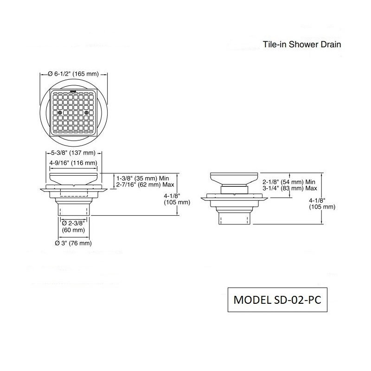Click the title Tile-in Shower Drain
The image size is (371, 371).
tap(302, 45)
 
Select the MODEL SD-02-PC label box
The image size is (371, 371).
tap(277, 300)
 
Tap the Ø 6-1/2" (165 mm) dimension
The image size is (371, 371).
tap(73, 74)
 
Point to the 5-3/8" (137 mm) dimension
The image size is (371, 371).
tap(73, 153)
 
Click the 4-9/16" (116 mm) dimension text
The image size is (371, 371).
tap(73, 163)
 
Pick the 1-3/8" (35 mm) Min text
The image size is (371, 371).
tap(142, 178)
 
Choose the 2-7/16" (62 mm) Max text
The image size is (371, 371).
tap(145, 185)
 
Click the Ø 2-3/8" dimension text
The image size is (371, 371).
tap(73, 223)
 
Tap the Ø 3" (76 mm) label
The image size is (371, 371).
tap(73, 243)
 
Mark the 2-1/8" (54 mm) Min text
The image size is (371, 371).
tap(289, 182)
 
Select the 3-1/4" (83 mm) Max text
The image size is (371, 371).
tap(290, 188)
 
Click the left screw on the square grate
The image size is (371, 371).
tap(60, 112)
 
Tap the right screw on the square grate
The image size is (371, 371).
tap(86, 112)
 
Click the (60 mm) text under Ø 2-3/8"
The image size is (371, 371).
tap(73, 230)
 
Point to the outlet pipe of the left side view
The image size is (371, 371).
tap(74, 209)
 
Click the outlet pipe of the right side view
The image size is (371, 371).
tap(234, 218)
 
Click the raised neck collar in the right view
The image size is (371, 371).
tap(234, 190)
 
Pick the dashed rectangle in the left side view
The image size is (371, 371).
tap(74, 193)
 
